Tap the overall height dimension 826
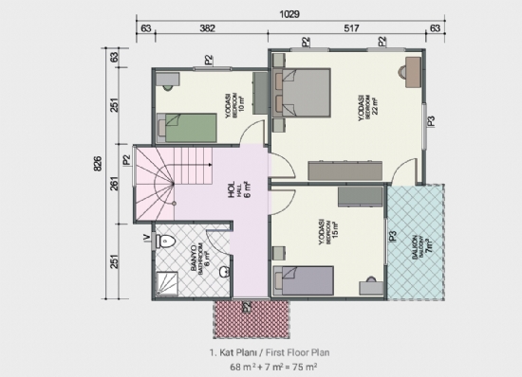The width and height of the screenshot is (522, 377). pos(98,163)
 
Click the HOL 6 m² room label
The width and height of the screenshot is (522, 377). pos(237,192)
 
